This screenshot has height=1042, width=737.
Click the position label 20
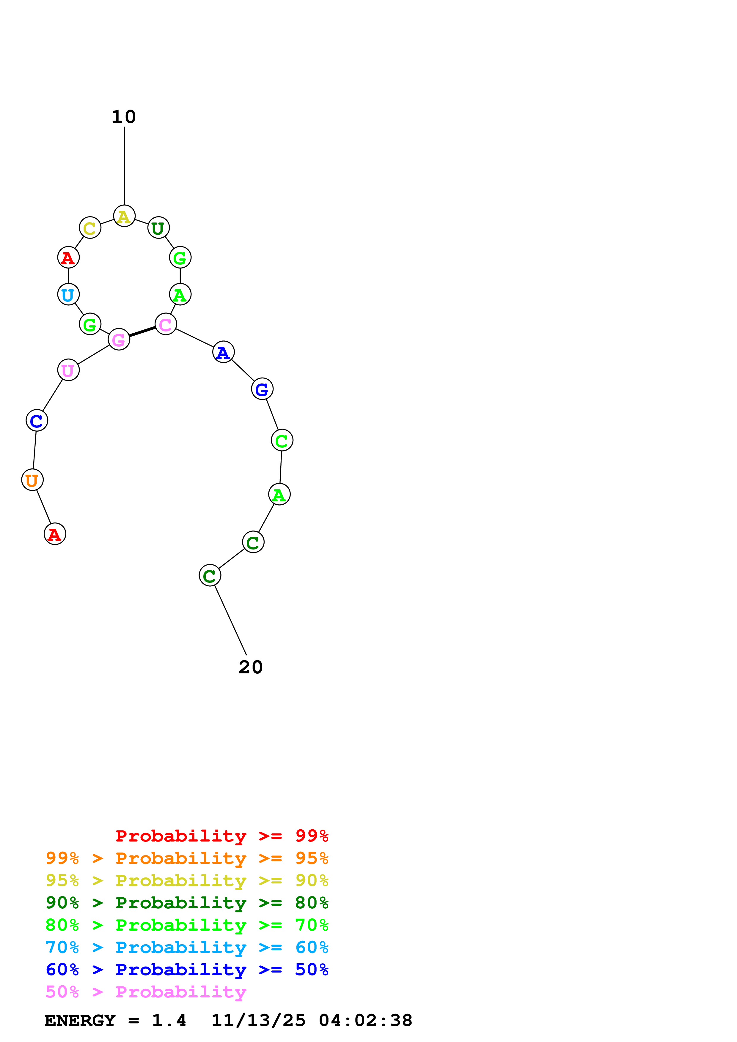pos(250,667)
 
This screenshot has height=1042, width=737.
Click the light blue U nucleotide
pos(68,295)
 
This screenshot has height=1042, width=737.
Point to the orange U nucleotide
pos(32,480)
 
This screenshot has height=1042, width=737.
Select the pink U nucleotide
pos(68,370)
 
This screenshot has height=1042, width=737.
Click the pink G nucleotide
pos(119,340)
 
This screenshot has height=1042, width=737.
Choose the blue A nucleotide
pos(223,352)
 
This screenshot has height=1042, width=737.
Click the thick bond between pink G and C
pos(142,332)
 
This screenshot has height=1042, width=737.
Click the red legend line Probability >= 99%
pos(221,836)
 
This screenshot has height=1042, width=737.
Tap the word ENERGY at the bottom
pos(80,1021)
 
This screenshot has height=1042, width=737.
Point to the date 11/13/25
pos(258,1021)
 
